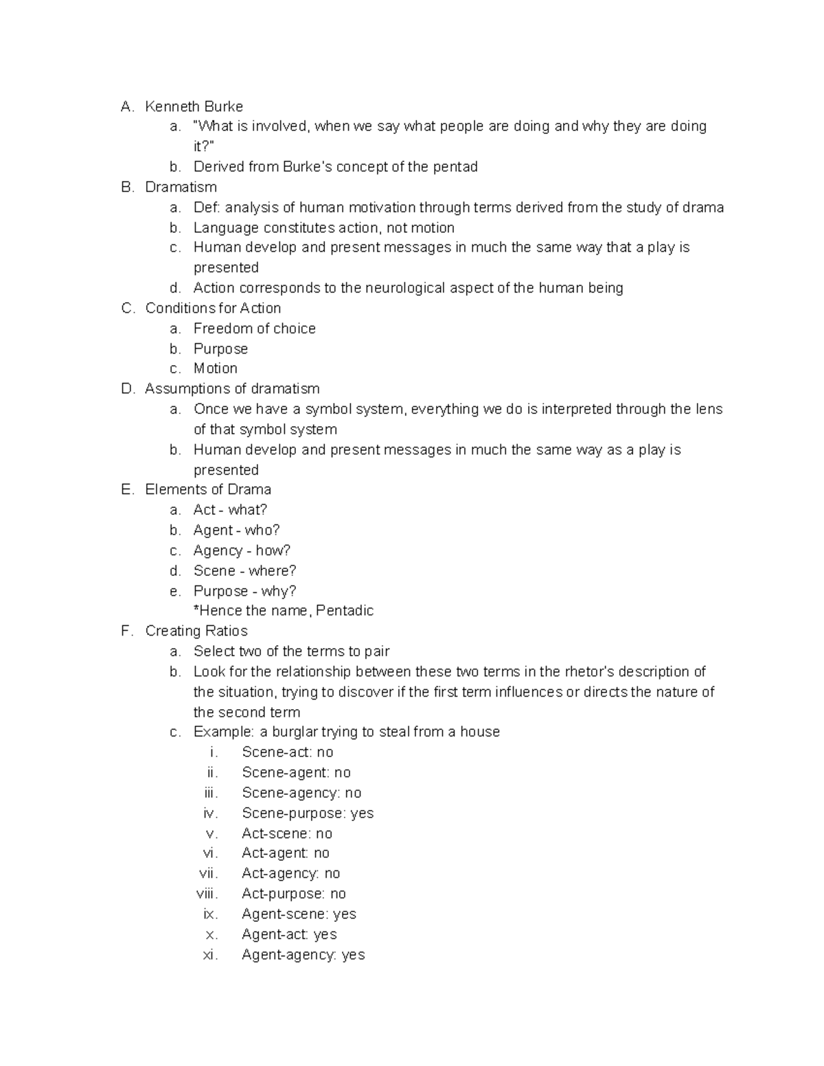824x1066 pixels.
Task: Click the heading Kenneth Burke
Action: [x=194, y=106]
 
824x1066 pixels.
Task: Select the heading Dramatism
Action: [x=181, y=187]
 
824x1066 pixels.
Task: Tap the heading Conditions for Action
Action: [x=213, y=308]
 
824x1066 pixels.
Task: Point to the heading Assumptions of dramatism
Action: [x=232, y=389]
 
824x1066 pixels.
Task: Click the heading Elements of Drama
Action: [x=208, y=489]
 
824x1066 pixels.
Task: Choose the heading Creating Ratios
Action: [x=196, y=631]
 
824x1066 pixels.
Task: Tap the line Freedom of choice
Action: [x=254, y=329]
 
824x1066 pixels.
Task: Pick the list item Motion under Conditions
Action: [x=216, y=369]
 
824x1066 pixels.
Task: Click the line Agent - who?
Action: [x=236, y=530]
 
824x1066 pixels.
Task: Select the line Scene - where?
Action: [x=244, y=570]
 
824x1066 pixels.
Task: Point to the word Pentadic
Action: [x=345, y=611]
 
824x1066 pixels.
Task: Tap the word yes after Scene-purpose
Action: [x=362, y=813]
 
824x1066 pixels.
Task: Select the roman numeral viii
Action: [x=207, y=894]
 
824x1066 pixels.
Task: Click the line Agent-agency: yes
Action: [x=303, y=955]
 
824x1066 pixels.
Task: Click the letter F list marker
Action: [x=126, y=631]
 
